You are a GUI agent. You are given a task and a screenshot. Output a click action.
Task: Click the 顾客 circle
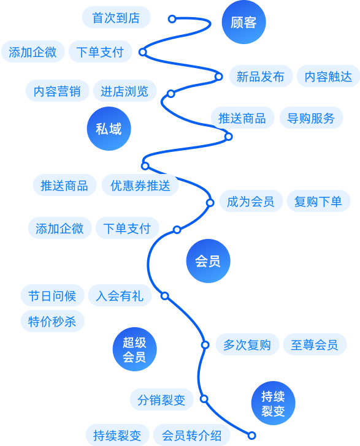click(x=243, y=22)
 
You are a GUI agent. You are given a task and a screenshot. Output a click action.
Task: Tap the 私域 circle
click(x=109, y=129)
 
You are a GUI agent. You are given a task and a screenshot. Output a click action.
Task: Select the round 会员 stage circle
click(x=208, y=261)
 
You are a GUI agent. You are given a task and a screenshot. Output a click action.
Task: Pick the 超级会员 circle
click(x=135, y=349)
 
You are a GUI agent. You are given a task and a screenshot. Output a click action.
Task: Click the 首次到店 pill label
click(x=116, y=17)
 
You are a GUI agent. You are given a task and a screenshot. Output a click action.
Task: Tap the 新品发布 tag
click(x=261, y=76)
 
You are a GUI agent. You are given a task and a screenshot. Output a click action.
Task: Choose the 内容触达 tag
click(x=328, y=76)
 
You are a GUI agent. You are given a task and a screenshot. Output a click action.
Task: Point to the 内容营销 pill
click(x=57, y=91)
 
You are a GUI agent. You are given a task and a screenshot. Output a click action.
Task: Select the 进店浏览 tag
click(x=124, y=91)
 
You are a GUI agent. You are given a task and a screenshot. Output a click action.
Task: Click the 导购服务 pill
click(x=311, y=118)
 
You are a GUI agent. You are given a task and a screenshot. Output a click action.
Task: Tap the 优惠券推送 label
click(x=140, y=185)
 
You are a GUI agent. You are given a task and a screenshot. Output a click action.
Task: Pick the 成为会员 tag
click(x=251, y=201)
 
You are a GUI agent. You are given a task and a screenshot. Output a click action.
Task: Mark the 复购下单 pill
click(x=318, y=201)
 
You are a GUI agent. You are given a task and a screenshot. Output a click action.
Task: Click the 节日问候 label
click(x=52, y=295)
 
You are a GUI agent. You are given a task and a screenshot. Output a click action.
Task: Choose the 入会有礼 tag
click(x=120, y=295)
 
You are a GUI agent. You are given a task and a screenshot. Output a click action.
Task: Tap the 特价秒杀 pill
click(x=52, y=321)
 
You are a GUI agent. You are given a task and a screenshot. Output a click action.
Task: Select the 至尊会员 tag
click(x=315, y=344)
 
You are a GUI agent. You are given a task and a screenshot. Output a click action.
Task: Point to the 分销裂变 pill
click(x=161, y=399)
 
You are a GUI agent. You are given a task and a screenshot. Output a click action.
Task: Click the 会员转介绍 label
click(x=191, y=435)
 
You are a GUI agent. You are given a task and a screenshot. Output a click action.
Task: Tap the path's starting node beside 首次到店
click(x=172, y=19)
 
